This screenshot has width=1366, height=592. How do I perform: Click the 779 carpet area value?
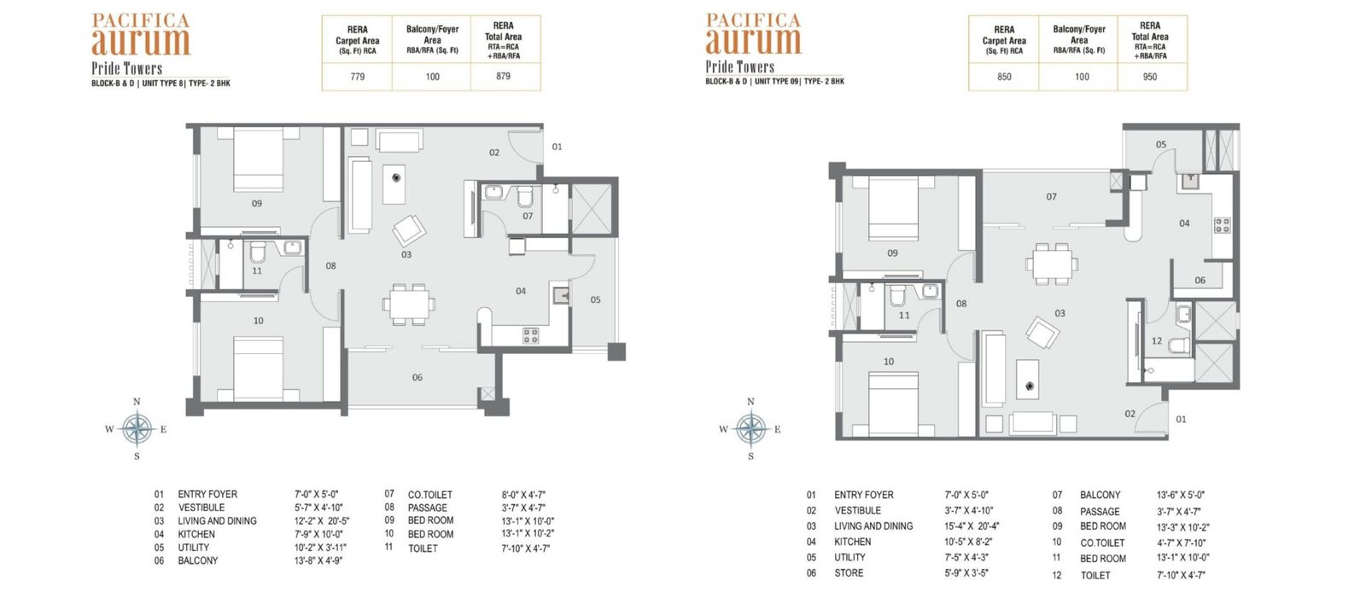pos(358,77)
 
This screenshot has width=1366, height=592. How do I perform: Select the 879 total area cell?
pos(503,76)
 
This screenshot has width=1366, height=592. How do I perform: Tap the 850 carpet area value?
pos(1004,77)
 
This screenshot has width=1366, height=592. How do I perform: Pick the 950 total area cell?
pos(1149,77)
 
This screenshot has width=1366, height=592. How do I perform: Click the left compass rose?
pos(137,429)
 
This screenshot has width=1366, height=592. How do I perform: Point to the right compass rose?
pos(751,429)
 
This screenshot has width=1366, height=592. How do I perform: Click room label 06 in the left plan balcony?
pos(417,378)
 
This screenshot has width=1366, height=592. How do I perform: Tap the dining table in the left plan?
pos(409,304)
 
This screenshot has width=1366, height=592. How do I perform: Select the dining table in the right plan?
pos(1052,264)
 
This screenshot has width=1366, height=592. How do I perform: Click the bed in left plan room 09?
pos(258,159)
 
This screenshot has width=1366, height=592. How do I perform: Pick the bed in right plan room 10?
pos(893,404)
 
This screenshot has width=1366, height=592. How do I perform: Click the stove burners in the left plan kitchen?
pos(530,334)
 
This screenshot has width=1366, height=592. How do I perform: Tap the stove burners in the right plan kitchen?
pos(1222,225)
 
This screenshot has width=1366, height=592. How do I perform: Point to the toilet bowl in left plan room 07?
pos(525,197)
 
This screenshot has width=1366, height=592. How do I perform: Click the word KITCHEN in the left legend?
pos(196,534)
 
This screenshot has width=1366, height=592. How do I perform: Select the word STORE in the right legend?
pos(849,573)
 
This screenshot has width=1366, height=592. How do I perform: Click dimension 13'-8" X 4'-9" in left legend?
pos(318,560)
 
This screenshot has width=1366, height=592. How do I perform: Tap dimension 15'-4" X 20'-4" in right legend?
pos(972,526)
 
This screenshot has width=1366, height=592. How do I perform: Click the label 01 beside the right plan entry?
pos(1182,419)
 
